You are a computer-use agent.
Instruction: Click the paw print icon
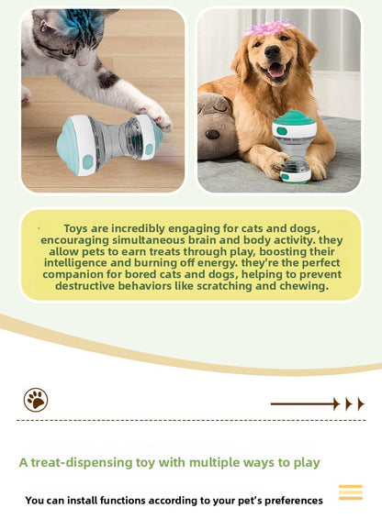coord(36,400)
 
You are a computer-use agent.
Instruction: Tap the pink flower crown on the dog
coord(268,28)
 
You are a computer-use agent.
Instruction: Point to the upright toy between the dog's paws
coord(295,147)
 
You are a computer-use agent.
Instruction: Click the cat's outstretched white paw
coord(153,114)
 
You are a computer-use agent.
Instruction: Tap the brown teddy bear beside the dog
coord(219,128)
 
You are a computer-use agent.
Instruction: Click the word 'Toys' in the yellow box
coord(77,227)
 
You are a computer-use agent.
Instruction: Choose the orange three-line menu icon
coord(350,492)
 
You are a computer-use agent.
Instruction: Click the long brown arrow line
coord(305,403)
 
